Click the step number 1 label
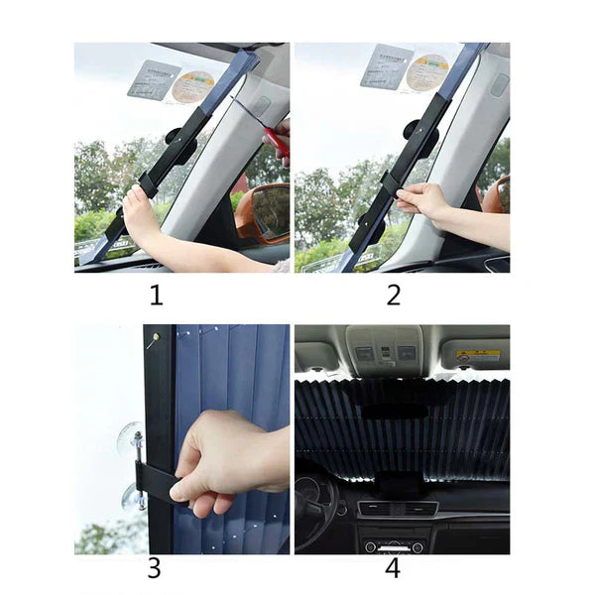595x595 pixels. [x=156, y=295]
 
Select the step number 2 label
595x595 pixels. [x=394, y=295]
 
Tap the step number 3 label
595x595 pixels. [x=154, y=568]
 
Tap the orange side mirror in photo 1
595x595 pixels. [x=262, y=209]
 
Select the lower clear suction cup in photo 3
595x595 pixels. [x=132, y=496]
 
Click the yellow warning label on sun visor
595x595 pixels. [x=477, y=355]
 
